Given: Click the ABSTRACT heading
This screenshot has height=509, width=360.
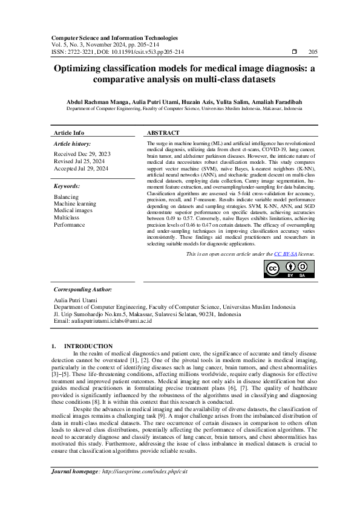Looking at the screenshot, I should click(x=163, y=133).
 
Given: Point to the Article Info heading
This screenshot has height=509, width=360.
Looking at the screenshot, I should click(x=69, y=133).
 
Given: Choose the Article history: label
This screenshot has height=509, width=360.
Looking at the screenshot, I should click(x=73, y=144).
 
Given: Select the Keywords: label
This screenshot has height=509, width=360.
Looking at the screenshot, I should click(x=67, y=186).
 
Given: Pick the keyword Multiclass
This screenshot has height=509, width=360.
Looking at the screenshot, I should click(x=66, y=217).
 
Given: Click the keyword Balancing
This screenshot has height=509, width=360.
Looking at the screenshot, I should click(x=66, y=197).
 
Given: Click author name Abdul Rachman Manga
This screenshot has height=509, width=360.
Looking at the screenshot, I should click(x=93, y=102).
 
